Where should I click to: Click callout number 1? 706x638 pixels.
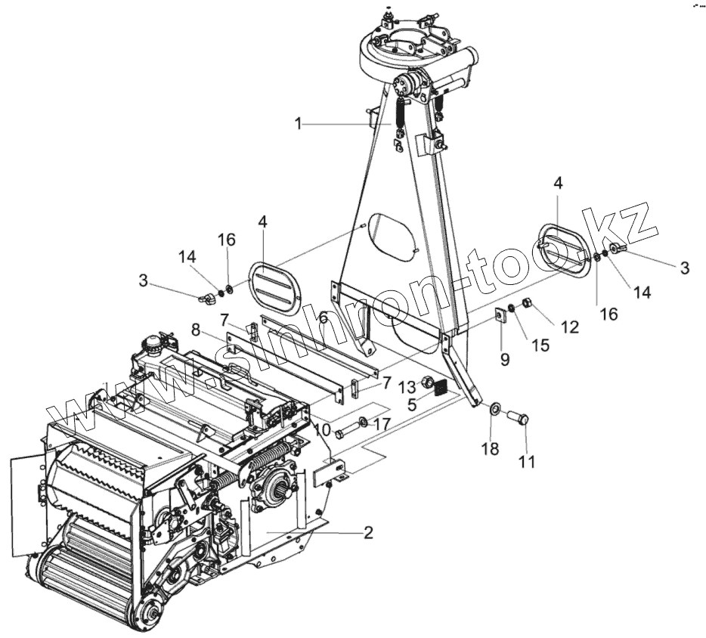299,123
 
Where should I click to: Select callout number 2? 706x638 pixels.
368,532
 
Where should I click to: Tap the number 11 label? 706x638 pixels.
527,461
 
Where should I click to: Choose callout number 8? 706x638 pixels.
195,330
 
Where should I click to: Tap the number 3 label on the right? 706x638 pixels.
685,268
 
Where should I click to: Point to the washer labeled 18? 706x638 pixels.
492,410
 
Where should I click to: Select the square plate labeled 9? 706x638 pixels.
500,315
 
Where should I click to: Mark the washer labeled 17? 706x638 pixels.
364,421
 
